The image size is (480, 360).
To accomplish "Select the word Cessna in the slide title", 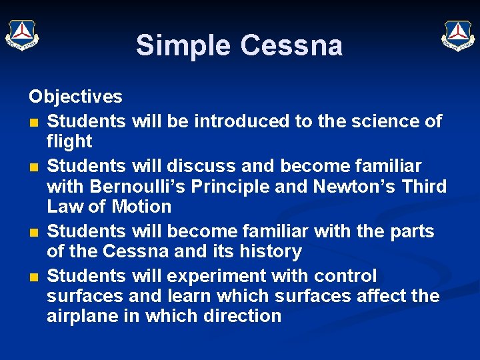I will (291, 45).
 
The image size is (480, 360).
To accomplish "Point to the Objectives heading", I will (75, 97).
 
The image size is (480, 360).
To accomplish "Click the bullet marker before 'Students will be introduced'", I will (33, 123).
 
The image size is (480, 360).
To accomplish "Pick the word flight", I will (69, 141).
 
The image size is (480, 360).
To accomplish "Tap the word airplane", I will (83, 316).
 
